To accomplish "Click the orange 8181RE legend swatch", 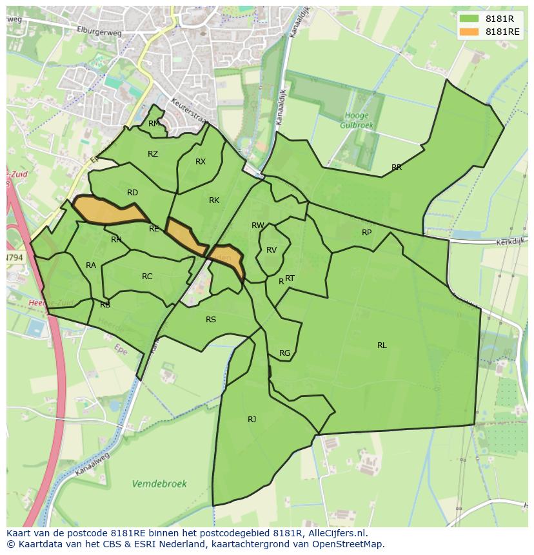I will click(x=469, y=32).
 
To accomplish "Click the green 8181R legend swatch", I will click(x=469, y=19).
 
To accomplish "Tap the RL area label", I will click(x=382, y=346).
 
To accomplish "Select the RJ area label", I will click(x=252, y=420).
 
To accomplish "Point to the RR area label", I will click(x=397, y=168).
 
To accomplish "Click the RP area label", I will click(x=366, y=233).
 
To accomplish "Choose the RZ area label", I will click(x=153, y=154).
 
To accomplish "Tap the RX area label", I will click(x=201, y=162).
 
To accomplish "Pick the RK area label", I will click(x=214, y=200).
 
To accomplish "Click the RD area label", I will click(x=132, y=193).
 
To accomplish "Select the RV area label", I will click(x=272, y=250).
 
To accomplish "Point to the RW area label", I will click(x=258, y=226).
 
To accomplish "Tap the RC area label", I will click(x=147, y=277).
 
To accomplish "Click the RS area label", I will click(x=211, y=320).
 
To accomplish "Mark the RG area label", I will click(x=284, y=353).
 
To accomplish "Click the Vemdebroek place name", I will click(x=159, y=483).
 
